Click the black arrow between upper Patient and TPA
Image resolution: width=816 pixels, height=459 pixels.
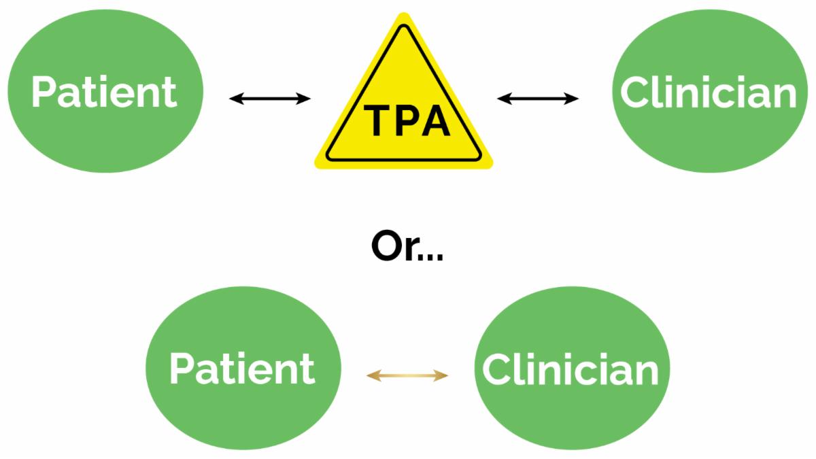tap(269, 99)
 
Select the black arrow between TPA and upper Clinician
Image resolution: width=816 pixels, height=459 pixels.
tap(538, 99)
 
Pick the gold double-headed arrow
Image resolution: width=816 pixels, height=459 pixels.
tap(407, 375)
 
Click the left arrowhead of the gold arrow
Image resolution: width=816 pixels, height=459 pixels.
tap(371, 375)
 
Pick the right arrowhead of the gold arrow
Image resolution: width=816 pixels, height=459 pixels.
tap(444, 375)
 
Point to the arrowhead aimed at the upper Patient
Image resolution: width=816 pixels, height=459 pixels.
tap(233, 99)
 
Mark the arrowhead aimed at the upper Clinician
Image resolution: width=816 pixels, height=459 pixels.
tap(575, 99)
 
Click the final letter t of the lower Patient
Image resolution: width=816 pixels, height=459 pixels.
tap(307, 369)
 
